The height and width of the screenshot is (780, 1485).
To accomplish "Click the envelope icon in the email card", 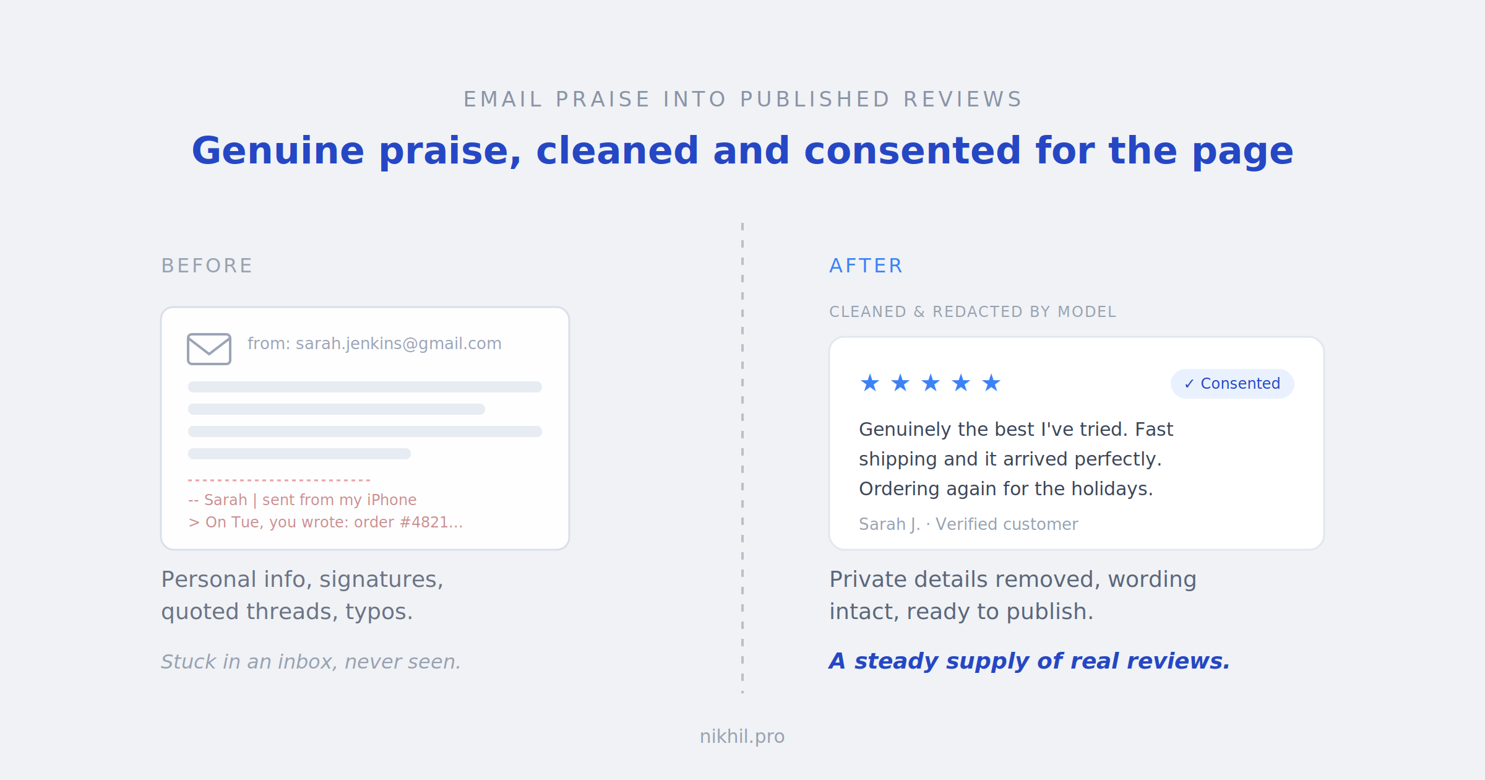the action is tap(209, 349).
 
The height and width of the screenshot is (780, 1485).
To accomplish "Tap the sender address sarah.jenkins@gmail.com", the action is tap(398, 344).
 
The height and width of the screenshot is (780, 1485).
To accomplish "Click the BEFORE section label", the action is tap(207, 266).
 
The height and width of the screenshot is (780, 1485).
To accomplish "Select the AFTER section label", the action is tap(866, 266).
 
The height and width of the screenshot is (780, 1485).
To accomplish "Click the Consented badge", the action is tap(1233, 384).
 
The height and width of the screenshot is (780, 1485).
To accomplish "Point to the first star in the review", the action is tap(870, 383).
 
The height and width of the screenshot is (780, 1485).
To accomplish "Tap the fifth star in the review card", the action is tap(991, 383).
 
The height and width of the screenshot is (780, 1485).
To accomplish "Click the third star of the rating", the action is tap(931, 383).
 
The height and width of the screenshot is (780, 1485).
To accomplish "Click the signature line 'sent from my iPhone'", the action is tap(339, 500).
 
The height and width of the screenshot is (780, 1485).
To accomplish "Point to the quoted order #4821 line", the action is tap(325, 522).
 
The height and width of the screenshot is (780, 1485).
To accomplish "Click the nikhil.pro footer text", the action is tap(742, 737).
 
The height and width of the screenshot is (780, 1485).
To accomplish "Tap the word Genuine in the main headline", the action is tap(278, 151).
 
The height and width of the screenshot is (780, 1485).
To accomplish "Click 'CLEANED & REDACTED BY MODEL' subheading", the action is tap(973, 312).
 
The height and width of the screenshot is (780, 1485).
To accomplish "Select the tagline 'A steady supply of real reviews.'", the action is tap(1030, 661).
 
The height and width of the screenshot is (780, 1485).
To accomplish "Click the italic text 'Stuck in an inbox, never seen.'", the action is tap(311, 662).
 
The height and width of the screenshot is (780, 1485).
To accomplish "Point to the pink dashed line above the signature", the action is tap(279, 480).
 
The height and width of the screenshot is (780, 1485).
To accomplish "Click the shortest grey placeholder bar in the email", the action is tap(299, 454).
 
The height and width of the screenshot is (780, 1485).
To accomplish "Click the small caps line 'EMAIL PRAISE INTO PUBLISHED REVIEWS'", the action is tap(742, 100).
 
